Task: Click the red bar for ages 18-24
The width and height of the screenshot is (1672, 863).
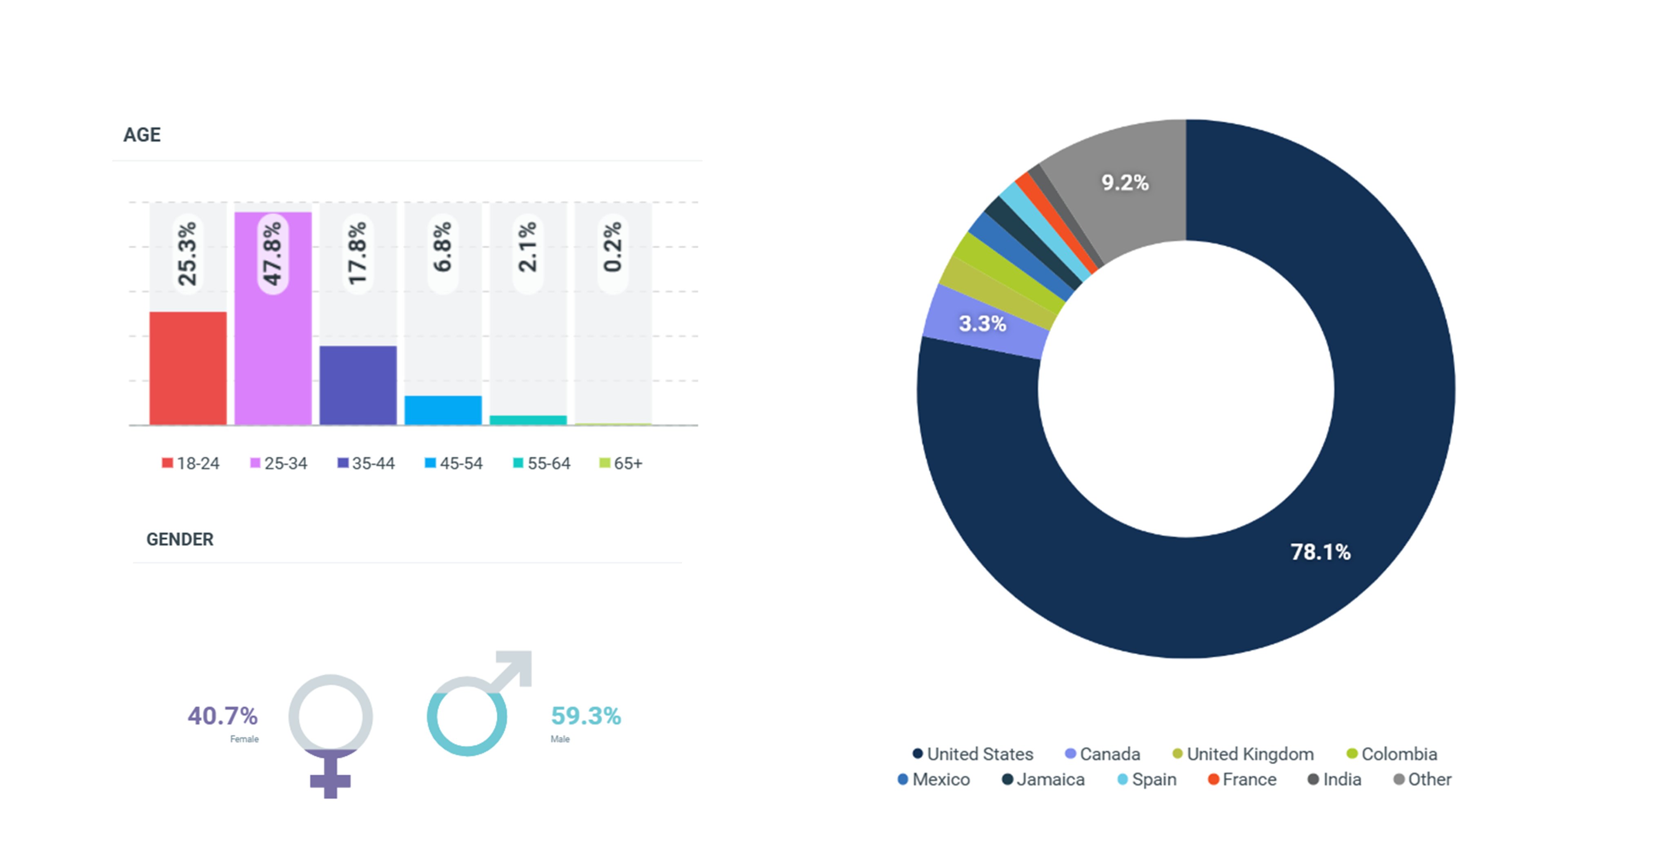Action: click(188, 368)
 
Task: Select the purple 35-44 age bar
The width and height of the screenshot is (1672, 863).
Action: click(358, 385)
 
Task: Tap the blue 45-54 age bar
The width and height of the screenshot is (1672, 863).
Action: click(442, 410)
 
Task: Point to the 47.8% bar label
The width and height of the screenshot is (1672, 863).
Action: click(273, 253)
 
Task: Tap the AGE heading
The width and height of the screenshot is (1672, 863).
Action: click(142, 134)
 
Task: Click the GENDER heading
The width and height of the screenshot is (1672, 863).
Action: click(180, 539)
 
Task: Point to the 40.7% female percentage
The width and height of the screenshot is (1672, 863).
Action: click(222, 716)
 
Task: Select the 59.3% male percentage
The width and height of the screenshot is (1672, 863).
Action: click(585, 716)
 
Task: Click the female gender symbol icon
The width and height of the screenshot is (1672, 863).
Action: click(330, 734)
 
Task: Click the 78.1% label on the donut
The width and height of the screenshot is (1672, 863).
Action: click(1320, 552)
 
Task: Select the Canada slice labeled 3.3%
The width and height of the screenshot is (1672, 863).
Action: click(983, 323)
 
